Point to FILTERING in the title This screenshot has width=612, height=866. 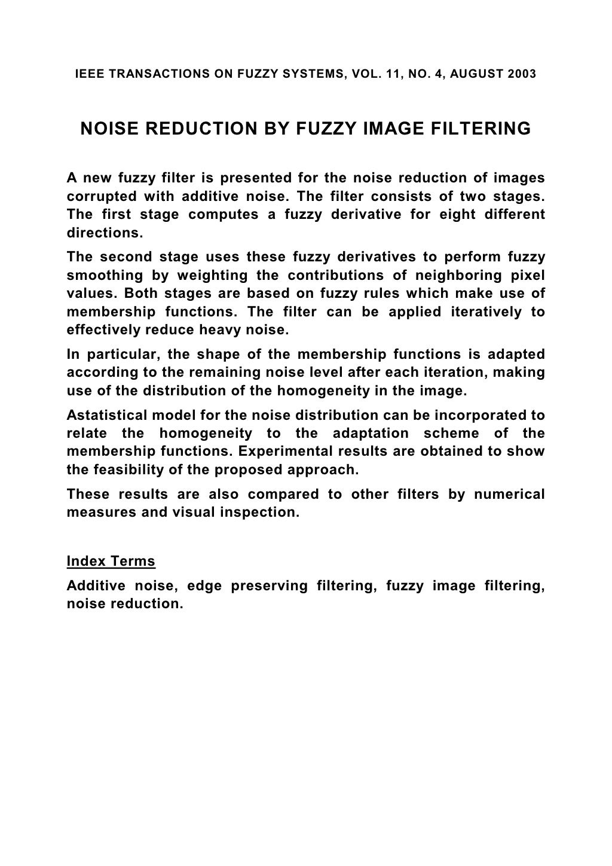pos(471,129)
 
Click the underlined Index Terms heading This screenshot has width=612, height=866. pos(111,562)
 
